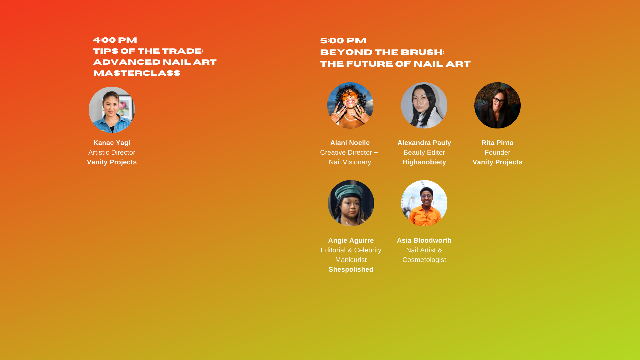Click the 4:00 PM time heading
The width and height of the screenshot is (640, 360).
(115, 40)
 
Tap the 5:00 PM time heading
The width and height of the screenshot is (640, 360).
(343, 41)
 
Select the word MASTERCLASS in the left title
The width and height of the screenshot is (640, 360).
(137, 73)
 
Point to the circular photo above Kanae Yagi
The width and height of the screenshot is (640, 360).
(112, 110)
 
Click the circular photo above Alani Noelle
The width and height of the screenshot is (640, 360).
(350, 105)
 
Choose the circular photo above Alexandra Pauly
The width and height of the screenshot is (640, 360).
(424, 105)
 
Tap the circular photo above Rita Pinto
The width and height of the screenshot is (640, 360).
(497, 105)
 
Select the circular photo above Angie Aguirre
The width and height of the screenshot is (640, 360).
(351, 203)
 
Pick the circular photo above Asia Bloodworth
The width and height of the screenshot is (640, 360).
(424, 203)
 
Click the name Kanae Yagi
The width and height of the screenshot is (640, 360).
(112, 143)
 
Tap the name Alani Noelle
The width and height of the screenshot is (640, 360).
(350, 143)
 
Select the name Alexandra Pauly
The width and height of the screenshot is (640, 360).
(424, 143)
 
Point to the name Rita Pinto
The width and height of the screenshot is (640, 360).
(497, 143)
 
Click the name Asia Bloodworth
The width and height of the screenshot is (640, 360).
(424, 240)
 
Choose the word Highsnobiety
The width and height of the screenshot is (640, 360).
(424, 162)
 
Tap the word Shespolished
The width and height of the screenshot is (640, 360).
(351, 270)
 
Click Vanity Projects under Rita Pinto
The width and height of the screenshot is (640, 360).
(497, 162)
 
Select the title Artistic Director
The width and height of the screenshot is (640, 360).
(112, 152)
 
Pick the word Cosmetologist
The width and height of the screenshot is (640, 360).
(424, 260)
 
